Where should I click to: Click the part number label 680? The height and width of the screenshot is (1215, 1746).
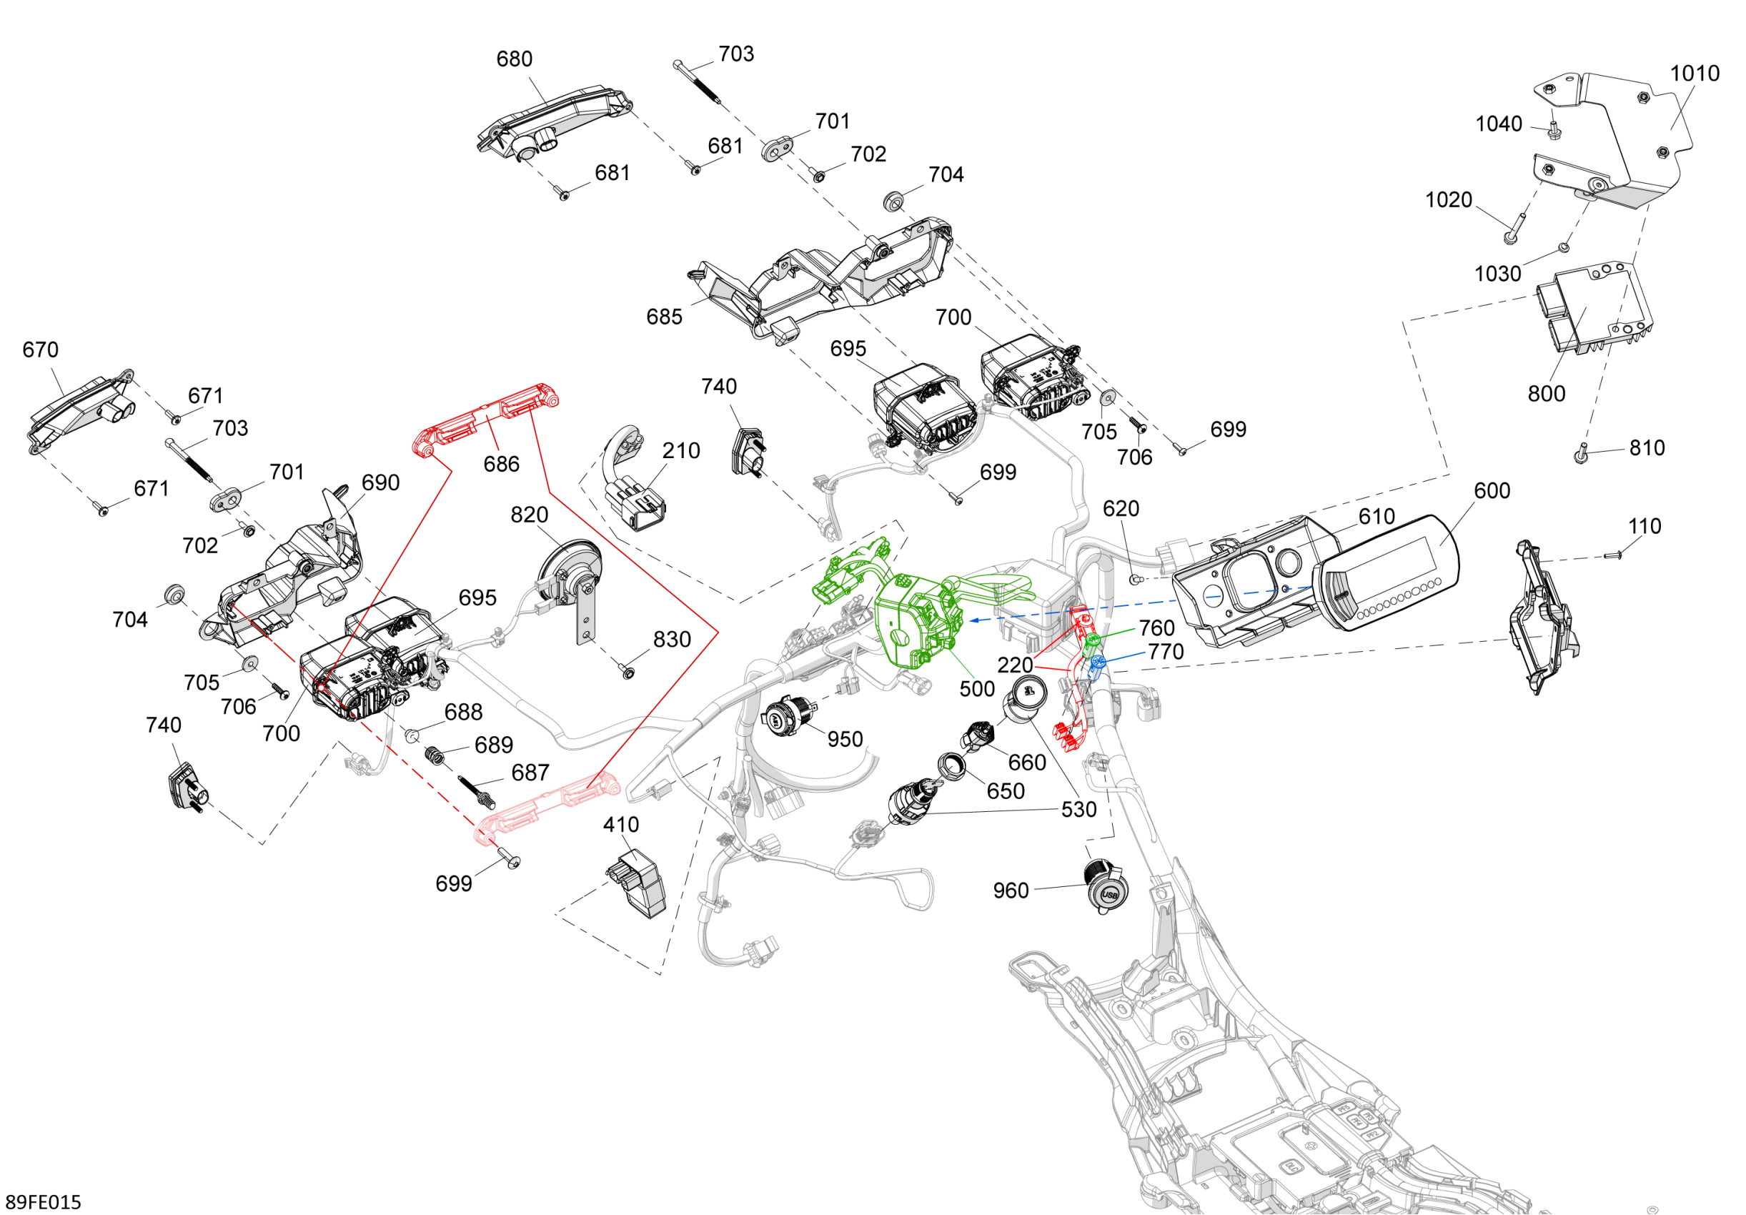coord(514,59)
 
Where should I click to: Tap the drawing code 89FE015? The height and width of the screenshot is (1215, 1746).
coord(44,1201)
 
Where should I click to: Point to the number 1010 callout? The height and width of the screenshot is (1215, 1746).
coord(1695,74)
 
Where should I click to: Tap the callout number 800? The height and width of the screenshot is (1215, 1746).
coord(1546,394)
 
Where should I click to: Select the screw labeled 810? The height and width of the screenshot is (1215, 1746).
coord(1580,455)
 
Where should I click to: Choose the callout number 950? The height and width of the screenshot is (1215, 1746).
coord(845,739)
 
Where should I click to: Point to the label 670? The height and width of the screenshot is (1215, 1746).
coord(40,349)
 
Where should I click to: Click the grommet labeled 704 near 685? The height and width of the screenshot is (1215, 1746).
coord(893,200)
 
